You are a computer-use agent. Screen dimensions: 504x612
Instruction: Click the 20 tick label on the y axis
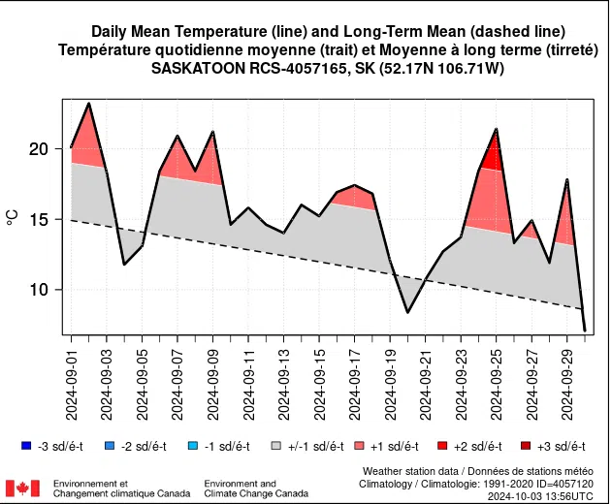38,149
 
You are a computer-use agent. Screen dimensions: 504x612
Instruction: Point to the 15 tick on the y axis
38,220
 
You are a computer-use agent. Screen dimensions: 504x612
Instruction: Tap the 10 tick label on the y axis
38,290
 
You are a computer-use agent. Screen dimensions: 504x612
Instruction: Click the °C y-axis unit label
13,220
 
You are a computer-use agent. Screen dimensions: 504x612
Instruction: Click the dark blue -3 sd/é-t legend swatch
25,446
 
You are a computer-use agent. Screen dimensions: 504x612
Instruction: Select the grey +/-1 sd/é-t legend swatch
276,446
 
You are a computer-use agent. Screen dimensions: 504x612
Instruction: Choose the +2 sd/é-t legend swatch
443,446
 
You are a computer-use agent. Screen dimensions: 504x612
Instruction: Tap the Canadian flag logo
22,488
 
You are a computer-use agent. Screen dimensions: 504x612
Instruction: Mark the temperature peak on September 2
89,104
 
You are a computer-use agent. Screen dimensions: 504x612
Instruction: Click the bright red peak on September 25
496,141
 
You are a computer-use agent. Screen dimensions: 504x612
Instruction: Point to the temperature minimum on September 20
408,311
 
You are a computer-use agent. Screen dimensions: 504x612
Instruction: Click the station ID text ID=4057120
562,483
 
